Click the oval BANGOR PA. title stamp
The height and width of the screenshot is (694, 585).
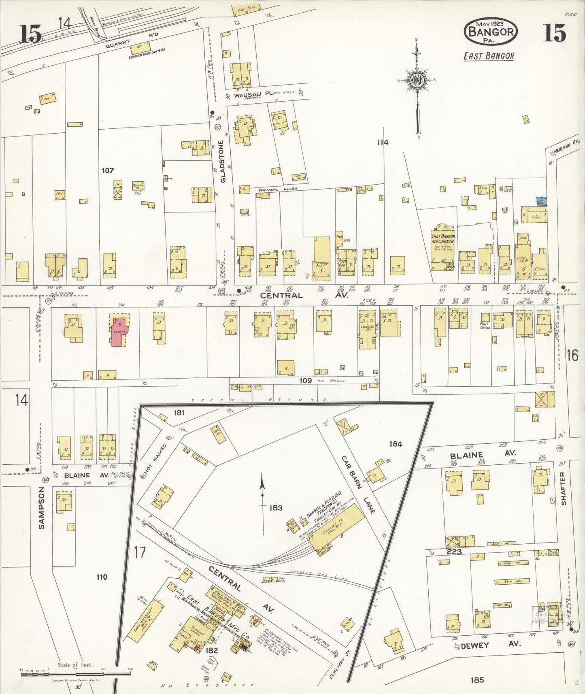[x=491, y=31]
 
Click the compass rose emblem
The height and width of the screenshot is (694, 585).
[x=417, y=79]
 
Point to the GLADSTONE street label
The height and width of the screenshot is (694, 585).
[x=221, y=161]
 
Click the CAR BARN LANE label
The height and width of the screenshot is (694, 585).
[x=358, y=483]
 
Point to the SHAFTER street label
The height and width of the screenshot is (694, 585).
[x=564, y=488]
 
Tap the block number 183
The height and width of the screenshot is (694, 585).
[x=275, y=508]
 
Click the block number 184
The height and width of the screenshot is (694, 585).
[x=395, y=444]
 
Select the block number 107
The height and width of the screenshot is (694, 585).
[x=107, y=171]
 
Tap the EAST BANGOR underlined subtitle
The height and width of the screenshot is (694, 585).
[x=489, y=56]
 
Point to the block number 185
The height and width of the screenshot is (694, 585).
[x=477, y=679]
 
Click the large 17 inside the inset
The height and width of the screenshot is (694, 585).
[x=140, y=552]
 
